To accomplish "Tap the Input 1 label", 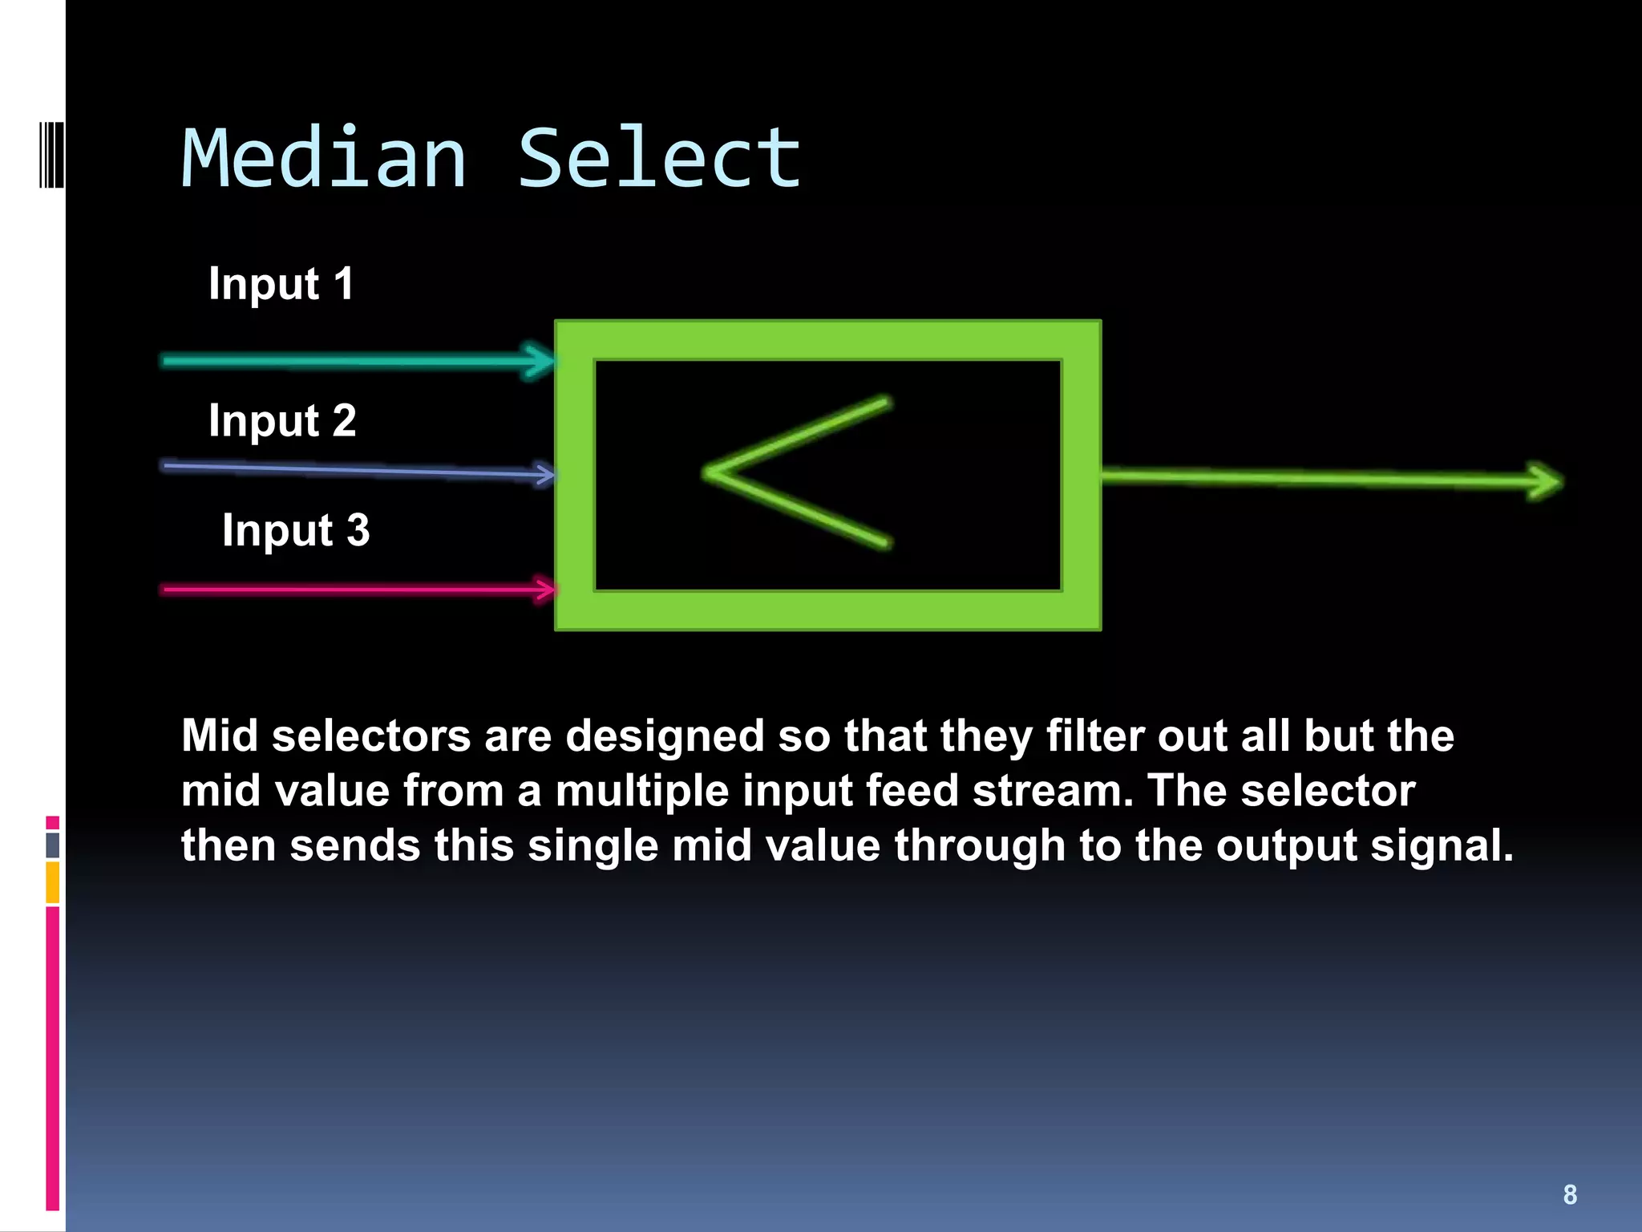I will tap(281, 284).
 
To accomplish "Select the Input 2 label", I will tap(282, 421).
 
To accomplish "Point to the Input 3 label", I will tap(296, 531).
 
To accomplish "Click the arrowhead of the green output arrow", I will tap(1543, 481).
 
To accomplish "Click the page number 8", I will tap(1570, 1194).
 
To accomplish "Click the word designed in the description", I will tap(665, 736).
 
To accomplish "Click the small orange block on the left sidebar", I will tap(53, 882).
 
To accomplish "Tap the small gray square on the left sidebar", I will tap(53, 845).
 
